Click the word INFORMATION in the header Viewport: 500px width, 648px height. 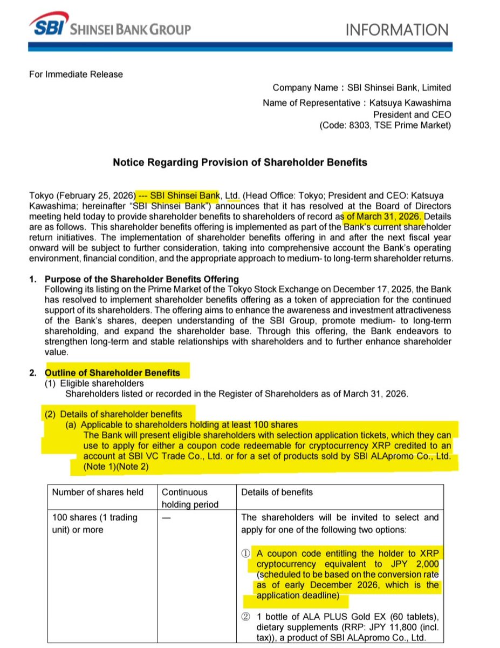click(x=396, y=30)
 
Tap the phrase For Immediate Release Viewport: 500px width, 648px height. click(x=76, y=74)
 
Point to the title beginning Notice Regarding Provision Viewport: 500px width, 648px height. click(x=239, y=162)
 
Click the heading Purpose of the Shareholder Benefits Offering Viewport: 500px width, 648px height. click(x=141, y=279)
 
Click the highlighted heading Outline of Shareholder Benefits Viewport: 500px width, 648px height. click(x=112, y=373)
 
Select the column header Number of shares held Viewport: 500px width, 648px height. click(x=98, y=492)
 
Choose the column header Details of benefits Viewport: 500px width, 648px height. click(x=277, y=492)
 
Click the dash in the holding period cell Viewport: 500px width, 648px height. click(x=166, y=517)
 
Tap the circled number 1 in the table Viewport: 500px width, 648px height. click(x=245, y=553)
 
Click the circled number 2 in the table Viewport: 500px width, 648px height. click(x=245, y=617)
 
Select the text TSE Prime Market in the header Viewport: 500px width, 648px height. click(x=415, y=126)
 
